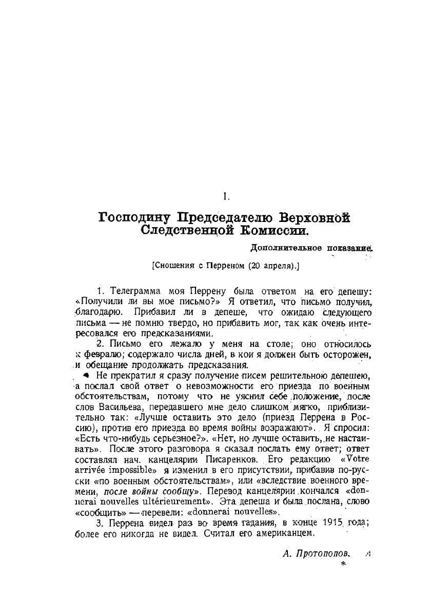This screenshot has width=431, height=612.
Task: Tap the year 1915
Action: point(332,523)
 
